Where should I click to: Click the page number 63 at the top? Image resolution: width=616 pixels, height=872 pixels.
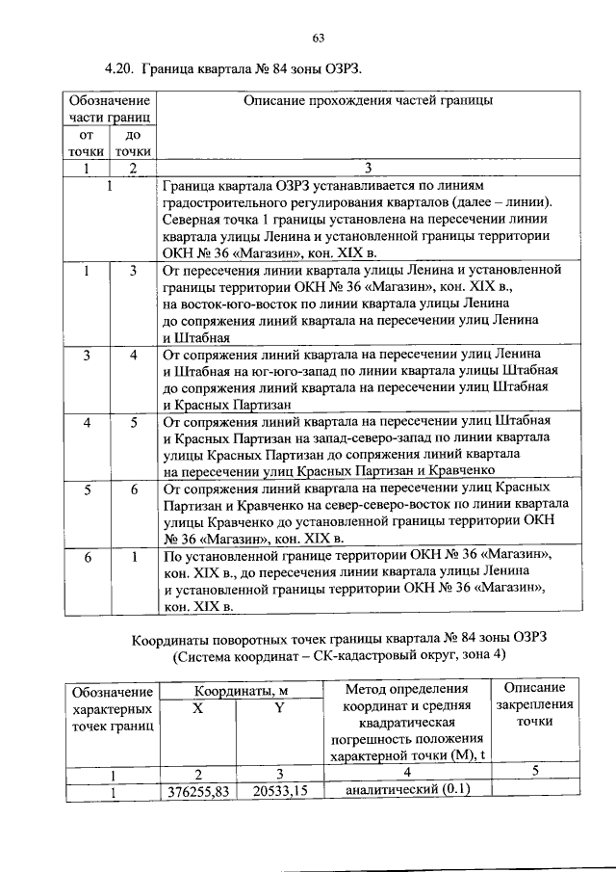click(x=317, y=38)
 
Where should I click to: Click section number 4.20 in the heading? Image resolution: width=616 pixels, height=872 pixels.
click(x=118, y=69)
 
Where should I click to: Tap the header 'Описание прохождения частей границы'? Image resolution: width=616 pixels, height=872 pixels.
click(x=369, y=100)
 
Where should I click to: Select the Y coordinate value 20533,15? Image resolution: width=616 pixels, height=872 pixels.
click(x=279, y=792)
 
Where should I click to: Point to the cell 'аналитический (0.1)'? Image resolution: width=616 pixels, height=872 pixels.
click(x=406, y=792)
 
